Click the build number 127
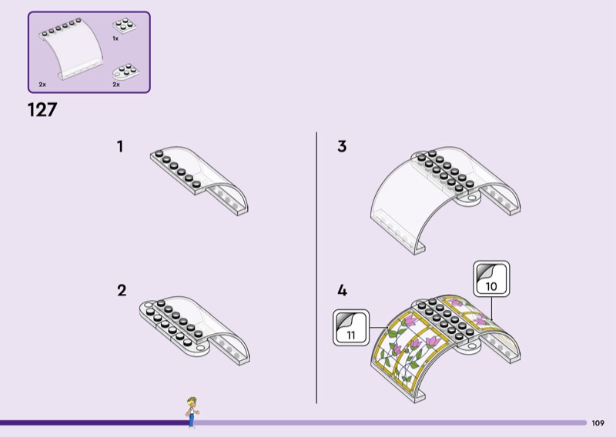[42, 110]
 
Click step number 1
[120, 145]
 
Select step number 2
[121, 290]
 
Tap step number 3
[342, 145]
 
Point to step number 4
[342, 291]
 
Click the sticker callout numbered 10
[490, 279]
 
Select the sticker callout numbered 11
[350, 329]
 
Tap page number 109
[598, 422]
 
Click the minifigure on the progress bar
[190, 411]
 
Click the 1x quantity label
[115, 38]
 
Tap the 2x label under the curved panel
[42, 84]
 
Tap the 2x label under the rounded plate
[116, 84]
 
